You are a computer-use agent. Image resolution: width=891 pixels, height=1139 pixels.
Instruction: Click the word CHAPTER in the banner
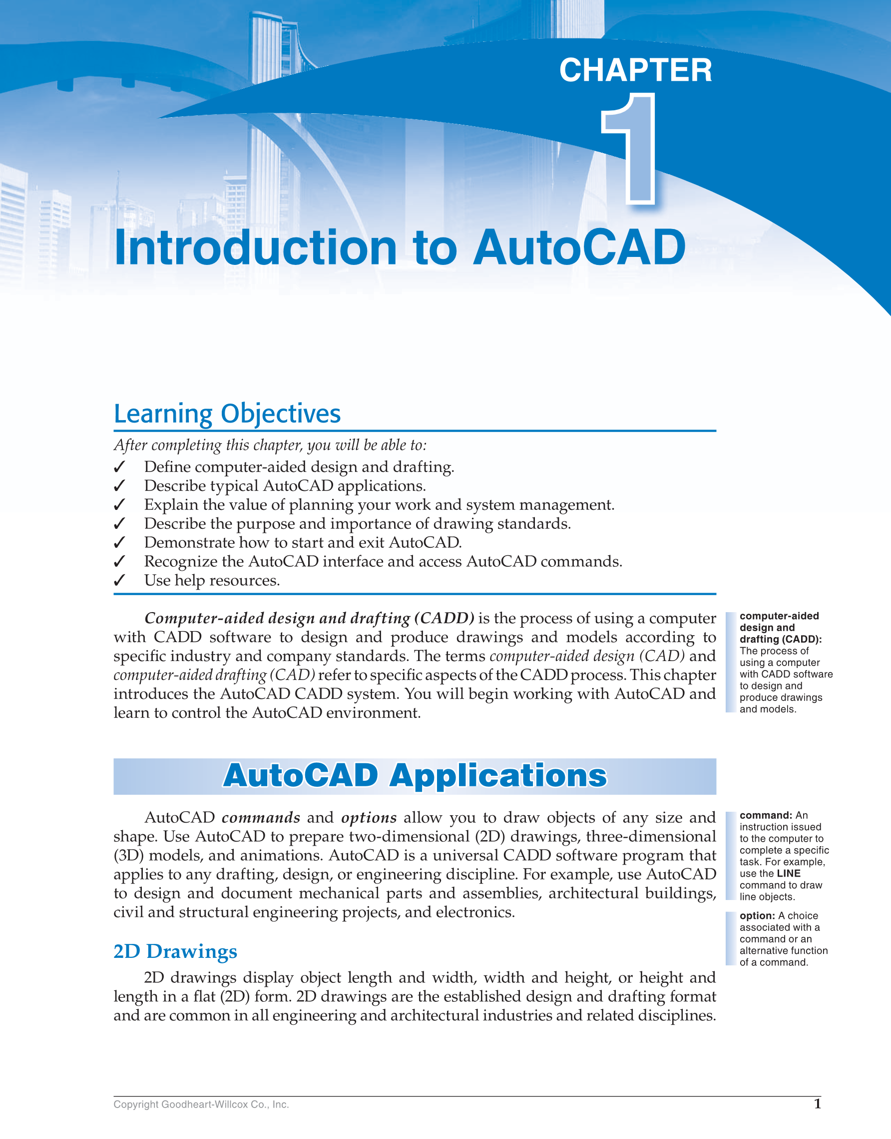(635, 70)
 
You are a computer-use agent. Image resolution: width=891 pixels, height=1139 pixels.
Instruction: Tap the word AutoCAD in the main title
(579, 248)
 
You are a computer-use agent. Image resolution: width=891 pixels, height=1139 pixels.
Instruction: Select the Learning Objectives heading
(227, 414)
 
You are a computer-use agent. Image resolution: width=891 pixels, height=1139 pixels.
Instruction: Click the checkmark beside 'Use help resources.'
(119, 580)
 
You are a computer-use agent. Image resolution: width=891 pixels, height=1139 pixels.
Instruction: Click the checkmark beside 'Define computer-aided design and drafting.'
(119, 467)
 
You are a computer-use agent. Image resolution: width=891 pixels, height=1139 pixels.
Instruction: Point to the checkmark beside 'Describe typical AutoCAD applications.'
(119, 486)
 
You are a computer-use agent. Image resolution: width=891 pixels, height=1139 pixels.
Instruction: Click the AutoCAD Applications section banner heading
(415, 775)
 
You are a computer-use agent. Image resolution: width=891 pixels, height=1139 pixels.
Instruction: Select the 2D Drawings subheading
(175, 952)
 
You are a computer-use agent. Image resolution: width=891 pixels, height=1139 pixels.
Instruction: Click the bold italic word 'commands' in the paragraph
(261, 818)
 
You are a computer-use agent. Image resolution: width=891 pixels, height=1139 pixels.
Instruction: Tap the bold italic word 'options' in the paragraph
(369, 818)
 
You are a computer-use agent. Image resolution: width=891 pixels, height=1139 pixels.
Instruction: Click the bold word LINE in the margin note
(788, 874)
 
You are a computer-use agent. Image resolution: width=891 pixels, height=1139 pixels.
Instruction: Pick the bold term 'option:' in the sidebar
(757, 916)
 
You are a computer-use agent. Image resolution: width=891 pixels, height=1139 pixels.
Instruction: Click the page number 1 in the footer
(817, 1103)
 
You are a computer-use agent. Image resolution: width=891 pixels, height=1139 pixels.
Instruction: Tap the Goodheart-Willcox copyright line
(201, 1104)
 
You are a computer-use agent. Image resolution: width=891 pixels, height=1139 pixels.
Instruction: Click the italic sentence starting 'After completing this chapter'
(270, 446)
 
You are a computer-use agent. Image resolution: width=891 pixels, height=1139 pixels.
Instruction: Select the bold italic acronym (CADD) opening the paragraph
(444, 619)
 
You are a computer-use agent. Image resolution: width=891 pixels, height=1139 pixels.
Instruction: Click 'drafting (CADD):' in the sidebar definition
(780, 640)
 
